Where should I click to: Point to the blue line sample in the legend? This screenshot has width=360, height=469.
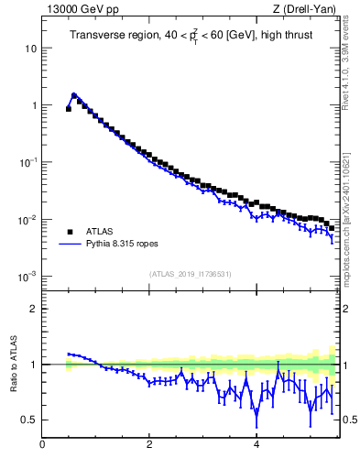tap(71, 245)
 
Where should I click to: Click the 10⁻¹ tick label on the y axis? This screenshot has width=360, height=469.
tap(28, 162)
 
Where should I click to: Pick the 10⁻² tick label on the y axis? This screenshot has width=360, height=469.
tap(28, 220)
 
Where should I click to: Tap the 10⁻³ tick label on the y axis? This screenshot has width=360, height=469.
tap(28, 277)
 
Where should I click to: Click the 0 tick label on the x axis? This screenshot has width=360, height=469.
tap(42, 445)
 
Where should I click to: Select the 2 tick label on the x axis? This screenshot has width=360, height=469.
tap(149, 445)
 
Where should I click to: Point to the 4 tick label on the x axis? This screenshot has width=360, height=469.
tap(256, 445)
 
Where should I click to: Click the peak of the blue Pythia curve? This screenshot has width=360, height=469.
tap(74, 94)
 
